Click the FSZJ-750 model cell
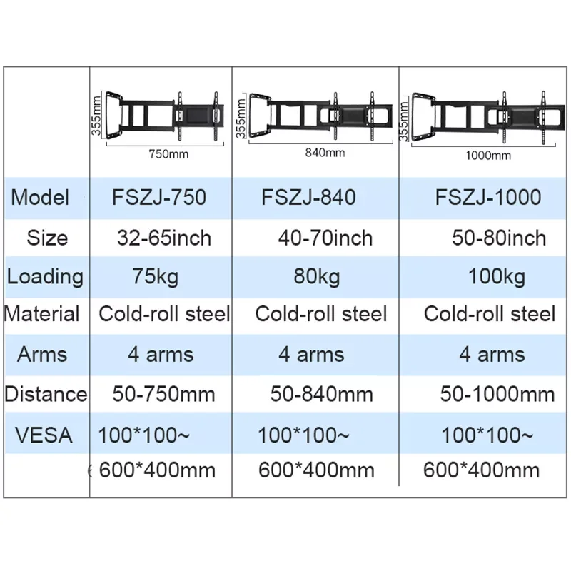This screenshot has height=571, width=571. (159, 197)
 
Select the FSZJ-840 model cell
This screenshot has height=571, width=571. (308, 197)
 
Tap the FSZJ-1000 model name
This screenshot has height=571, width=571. (488, 197)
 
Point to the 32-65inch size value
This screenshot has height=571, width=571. (164, 238)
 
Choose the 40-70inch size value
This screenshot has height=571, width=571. (325, 238)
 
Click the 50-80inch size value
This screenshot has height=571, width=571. (499, 238)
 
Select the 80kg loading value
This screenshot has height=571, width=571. (317, 276)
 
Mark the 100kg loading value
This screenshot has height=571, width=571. (497, 276)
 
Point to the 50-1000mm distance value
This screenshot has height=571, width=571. (497, 393)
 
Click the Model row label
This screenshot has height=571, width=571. (40, 197)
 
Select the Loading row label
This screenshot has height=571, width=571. (44, 276)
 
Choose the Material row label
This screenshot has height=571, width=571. (42, 314)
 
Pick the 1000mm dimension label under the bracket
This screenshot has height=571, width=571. (488, 155)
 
